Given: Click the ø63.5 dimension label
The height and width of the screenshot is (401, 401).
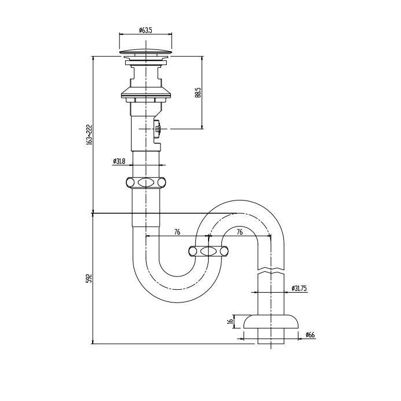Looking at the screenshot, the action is [x=145, y=30].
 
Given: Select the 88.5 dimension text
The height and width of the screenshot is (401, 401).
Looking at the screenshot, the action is [x=198, y=93].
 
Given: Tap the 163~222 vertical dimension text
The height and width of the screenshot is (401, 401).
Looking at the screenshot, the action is [x=89, y=135].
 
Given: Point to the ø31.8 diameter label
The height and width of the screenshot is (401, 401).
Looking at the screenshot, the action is [x=119, y=161].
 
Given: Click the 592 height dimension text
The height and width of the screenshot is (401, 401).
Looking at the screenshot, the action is [x=89, y=278].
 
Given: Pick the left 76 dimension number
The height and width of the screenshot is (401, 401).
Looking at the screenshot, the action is [x=177, y=232].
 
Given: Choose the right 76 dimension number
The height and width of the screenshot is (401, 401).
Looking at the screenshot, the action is [x=239, y=232].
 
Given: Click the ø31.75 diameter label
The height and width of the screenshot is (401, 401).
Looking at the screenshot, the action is [x=299, y=288].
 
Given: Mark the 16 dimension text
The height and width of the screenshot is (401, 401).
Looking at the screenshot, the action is [x=230, y=321].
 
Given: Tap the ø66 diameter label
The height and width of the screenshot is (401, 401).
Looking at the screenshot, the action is [x=310, y=334].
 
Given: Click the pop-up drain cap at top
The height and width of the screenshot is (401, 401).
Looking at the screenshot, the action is [x=146, y=52].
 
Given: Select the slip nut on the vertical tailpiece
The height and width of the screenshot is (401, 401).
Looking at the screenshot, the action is [x=146, y=183].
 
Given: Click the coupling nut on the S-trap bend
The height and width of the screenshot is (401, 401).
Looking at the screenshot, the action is [x=209, y=251].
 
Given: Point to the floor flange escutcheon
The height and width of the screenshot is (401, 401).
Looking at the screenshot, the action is [x=271, y=322].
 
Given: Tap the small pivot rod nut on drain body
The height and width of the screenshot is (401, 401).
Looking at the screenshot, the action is [x=158, y=129].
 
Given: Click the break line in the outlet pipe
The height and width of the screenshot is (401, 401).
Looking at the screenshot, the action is [x=271, y=271].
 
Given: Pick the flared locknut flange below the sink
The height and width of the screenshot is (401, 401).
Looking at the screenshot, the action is [x=146, y=93].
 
